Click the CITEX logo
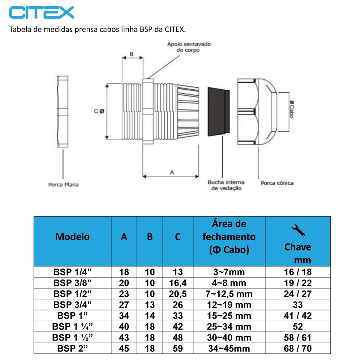[x=42, y=13]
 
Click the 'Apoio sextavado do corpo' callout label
[x=189, y=47]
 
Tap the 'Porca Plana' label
[x=64, y=185]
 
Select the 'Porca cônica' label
[x=277, y=183]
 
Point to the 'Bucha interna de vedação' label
[x=226, y=185]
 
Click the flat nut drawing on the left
[x=63, y=112]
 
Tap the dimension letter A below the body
[x=172, y=172]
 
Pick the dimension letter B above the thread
[x=131, y=54]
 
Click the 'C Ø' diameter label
[x=99, y=111]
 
